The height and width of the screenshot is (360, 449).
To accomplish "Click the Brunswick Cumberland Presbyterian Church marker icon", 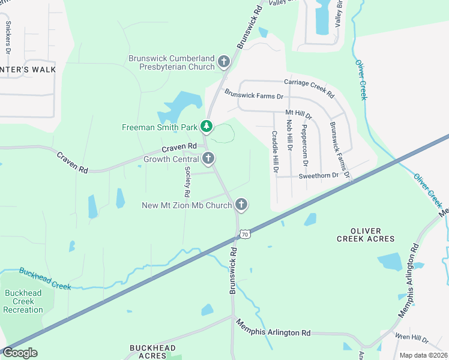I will pos(224,61).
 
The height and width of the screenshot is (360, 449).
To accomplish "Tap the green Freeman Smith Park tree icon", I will pos(206,126).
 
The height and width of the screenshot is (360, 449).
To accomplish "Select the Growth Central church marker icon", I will pos(208,159).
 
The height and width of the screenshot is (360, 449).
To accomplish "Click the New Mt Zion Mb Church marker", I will pos(241,205).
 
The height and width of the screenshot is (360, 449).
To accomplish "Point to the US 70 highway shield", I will pos(245,234).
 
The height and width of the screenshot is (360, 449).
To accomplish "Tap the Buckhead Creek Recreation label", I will pos(23,301).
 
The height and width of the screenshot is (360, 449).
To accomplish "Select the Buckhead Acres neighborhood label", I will pos(152,352).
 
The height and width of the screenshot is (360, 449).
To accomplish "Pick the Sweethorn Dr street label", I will pos(319,175).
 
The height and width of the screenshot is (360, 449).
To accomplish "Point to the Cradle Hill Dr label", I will pos(274,152).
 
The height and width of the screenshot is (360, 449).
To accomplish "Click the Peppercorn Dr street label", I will pos(304,146).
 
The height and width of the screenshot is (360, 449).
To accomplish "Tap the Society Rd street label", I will pos(187,182).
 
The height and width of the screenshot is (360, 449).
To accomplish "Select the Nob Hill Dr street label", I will pos(289,134).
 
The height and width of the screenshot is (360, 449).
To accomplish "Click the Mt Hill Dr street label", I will pos(298,113).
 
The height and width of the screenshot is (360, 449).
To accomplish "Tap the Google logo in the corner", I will pos(19,353).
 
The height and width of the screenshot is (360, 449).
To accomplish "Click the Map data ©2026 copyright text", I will pos(423,355).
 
